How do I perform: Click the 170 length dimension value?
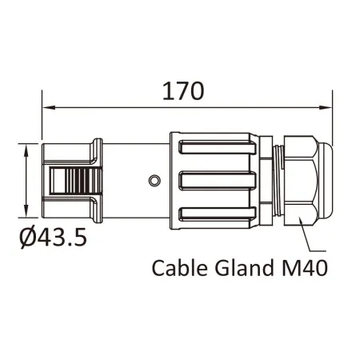pyautogui.click(x=183, y=90)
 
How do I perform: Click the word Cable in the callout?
pyautogui.click(x=178, y=267)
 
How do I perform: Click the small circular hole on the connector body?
pyautogui.click(x=154, y=181)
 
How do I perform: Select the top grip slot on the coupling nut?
pyautogui.click(x=216, y=147)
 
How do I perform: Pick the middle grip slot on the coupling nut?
pyautogui.click(x=216, y=181)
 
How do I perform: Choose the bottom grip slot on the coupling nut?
pyautogui.click(x=216, y=214)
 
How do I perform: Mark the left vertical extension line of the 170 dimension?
pyautogui.click(x=42, y=120)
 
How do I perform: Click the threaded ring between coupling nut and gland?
pyautogui.click(x=277, y=181)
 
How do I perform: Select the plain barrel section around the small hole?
pyautogui.click(x=136, y=181)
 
